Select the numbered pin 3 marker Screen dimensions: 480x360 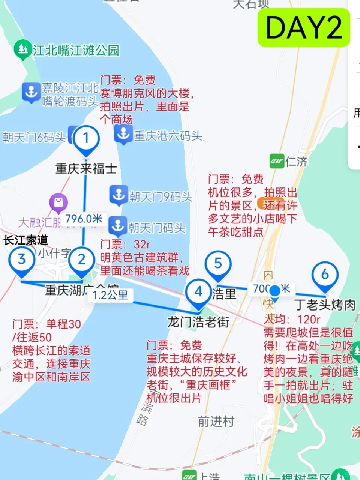click(x=22, y=259)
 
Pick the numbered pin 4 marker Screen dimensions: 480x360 click(x=199, y=292)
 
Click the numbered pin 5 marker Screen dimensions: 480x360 click(x=218, y=264)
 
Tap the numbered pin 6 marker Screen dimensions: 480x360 click(x=325, y=275)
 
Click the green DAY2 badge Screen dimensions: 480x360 click(x=304, y=28)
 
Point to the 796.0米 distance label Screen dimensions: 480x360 click(x=84, y=219)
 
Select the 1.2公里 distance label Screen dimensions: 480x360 click(x=110, y=295)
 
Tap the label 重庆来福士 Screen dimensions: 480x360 click(x=86, y=168)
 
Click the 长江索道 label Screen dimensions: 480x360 click(x=26, y=240)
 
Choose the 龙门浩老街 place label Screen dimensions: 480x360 click(x=198, y=322)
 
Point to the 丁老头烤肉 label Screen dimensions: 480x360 click(x=325, y=304)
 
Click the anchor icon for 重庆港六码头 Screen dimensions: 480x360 click(x=123, y=135)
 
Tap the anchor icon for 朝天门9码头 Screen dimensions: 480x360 click(x=118, y=195)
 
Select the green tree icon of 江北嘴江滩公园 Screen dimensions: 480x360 click(x=23, y=50)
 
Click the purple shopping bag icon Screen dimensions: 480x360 click(x=58, y=203)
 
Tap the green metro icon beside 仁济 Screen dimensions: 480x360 click(x=277, y=162)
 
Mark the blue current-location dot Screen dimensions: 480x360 click(x=275, y=291)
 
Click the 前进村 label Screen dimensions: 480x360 click(x=216, y=421)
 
